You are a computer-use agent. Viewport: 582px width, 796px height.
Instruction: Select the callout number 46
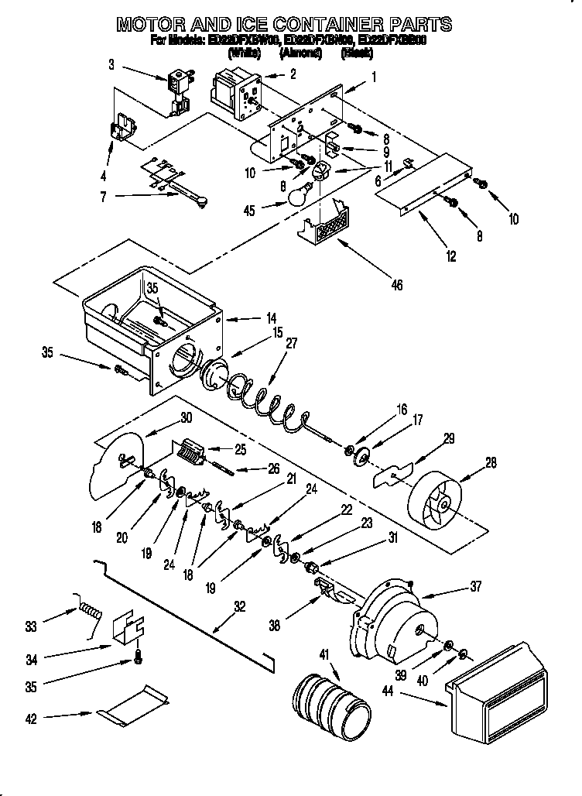(x=396, y=285)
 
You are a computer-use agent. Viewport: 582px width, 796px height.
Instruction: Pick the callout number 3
(x=111, y=64)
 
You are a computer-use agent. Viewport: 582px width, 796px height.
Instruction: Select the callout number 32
(x=240, y=607)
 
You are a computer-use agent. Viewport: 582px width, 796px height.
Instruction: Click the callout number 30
(x=185, y=417)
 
